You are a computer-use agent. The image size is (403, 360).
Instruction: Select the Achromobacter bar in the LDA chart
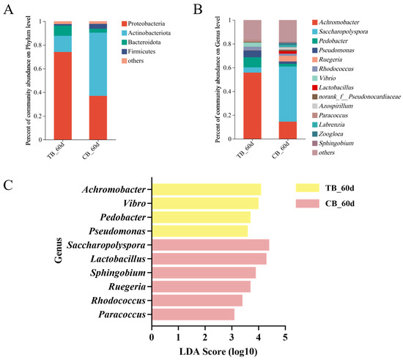pyautogui.click(x=206, y=189)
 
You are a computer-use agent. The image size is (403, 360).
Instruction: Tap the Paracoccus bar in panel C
pyautogui.click(x=193, y=315)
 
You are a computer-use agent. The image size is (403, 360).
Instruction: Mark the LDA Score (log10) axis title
pyautogui.click(x=218, y=352)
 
